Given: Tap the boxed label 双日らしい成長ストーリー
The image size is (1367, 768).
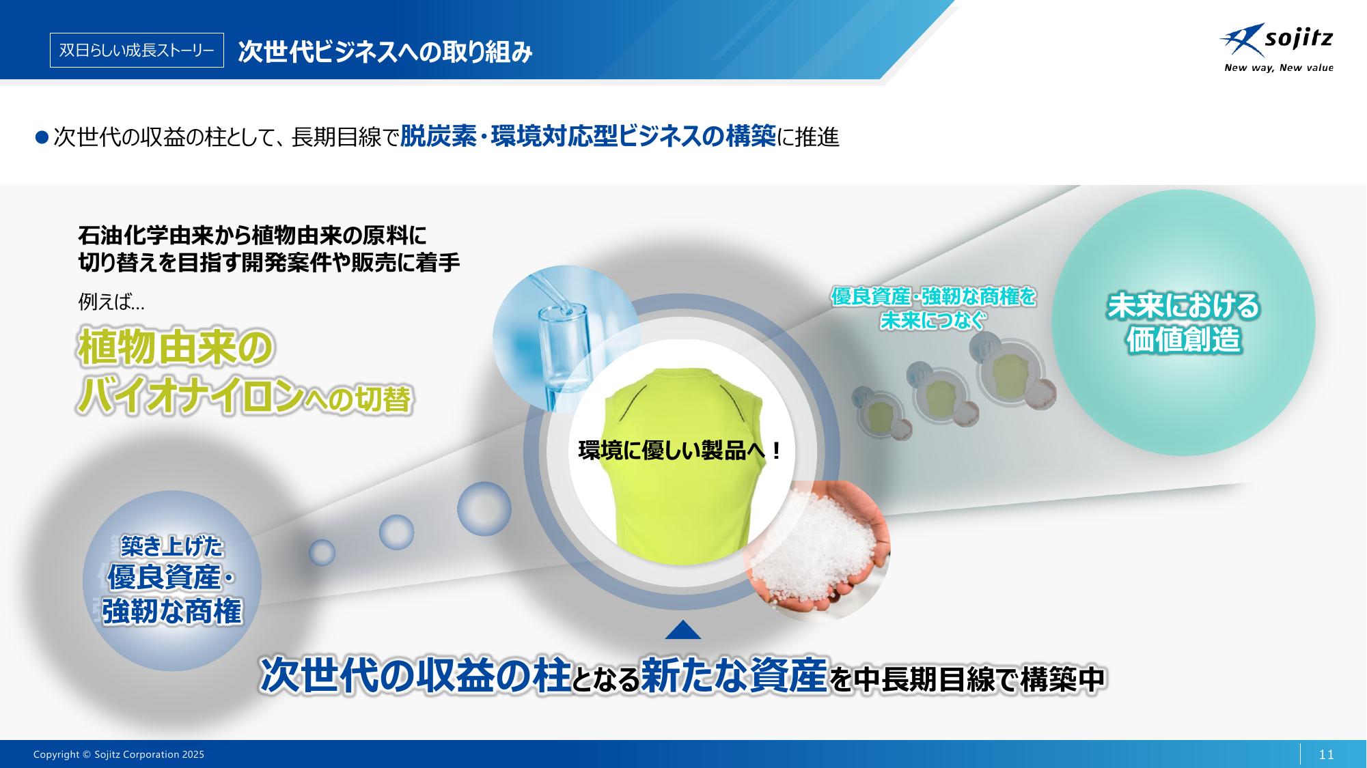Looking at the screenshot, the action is pyautogui.click(x=137, y=51).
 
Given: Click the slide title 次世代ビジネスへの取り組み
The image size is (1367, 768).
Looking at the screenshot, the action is pyautogui.click(x=385, y=52).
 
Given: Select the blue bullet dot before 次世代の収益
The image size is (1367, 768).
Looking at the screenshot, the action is pyautogui.click(x=42, y=137).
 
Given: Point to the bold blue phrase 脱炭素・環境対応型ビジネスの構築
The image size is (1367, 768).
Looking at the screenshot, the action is pyautogui.click(x=588, y=137).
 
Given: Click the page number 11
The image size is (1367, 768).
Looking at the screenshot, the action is pyautogui.click(x=1326, y=754).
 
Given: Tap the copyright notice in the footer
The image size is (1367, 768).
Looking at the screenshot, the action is pyautogui.click(x=119, y=754).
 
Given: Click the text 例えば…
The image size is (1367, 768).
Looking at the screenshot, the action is pyautogui.click(x=111, y=301).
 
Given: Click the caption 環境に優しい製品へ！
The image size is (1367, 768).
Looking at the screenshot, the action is pyautogui.click(x=680, y=451).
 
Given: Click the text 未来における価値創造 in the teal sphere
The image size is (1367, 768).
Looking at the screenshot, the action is pyautogui.click(x=1183, y=323).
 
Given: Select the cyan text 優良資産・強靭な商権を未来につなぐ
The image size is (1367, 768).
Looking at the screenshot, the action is pyautogui.click(x=933, y=308).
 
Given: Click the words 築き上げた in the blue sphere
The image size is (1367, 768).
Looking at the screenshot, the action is pyautogui.click(x=171, y=546).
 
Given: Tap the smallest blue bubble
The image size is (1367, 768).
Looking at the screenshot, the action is pyautogui.click(x=322, y=552).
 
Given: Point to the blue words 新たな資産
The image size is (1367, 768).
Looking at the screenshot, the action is pyautogui.click(x=734, y=676).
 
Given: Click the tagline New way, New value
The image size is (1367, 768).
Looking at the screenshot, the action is pyautogui.click(x=1278, y=68).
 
